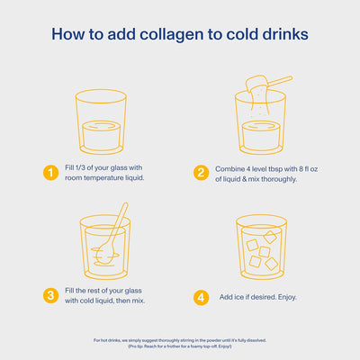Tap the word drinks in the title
[283, 35]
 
